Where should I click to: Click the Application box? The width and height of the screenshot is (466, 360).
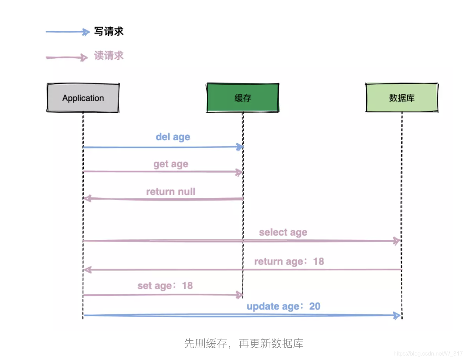(x=83, y=98)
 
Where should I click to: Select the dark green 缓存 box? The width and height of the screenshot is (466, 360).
(x=243, y=98)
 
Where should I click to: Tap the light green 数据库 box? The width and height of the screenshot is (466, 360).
(x=402, y=98)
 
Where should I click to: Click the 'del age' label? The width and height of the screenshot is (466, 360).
(x=173, y=137)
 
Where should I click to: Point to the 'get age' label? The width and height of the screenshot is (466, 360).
(x=171, y=164)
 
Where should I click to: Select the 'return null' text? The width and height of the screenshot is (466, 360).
(x=171, y=192)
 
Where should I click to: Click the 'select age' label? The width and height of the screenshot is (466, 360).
(x=283, y=232)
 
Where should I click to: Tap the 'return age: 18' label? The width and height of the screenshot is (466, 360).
(x=289, y=261)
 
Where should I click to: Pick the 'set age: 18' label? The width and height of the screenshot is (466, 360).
(x=165, y=286)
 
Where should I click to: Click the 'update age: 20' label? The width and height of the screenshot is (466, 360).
(x=283, y=306)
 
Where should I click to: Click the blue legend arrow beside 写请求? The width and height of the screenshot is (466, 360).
(x=67, y=32)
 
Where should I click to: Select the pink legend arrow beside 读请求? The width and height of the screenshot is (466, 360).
(x=67, y=57)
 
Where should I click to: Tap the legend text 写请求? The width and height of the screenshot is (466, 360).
(x=109, y=31)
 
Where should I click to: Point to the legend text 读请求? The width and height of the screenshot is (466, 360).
(x=109, y=56)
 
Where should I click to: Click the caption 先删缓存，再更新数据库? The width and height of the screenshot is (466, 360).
(x=244, y=343)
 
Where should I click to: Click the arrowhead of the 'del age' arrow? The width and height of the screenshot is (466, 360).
(x=240, y=146)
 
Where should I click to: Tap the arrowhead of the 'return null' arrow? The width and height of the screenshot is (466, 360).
(x=87, y=198)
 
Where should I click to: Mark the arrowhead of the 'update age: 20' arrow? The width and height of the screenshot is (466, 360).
(x=397, y=315)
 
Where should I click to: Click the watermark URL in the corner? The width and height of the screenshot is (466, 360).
(x=428, y=353)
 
